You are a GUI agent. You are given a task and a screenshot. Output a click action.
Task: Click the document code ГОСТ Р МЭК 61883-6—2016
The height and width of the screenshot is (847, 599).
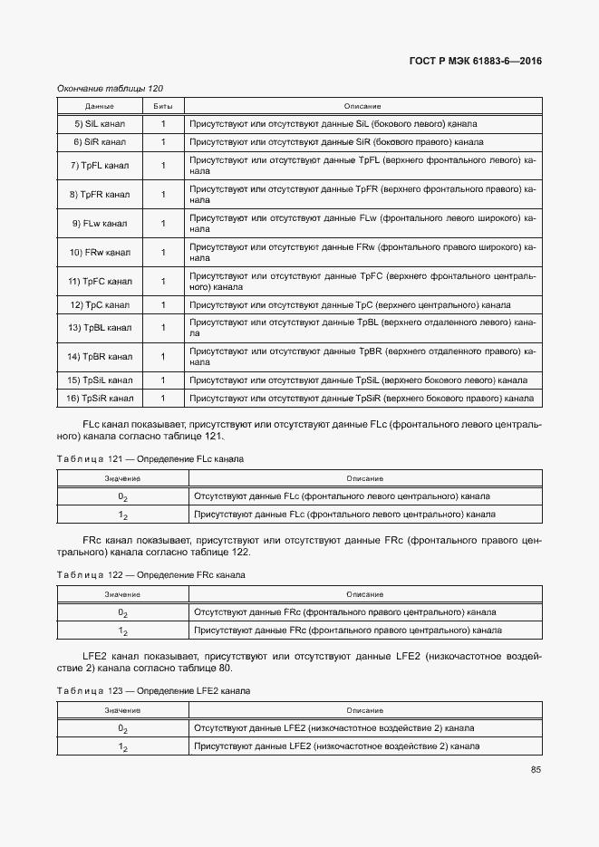[477, 63]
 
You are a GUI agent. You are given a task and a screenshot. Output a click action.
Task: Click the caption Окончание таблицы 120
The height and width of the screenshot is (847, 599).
[110, 88]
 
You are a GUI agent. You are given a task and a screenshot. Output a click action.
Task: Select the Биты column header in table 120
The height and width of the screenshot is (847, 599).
[163, 106]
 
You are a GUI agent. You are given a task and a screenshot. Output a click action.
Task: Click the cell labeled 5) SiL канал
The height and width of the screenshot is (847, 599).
[100, 123]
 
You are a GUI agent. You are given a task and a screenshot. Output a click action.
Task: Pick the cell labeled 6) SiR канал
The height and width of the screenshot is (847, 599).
[100, 142]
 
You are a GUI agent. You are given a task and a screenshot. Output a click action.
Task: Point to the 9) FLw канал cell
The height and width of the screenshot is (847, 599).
[100, 223]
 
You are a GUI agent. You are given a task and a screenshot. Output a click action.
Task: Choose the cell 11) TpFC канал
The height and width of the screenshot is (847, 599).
[100, 281]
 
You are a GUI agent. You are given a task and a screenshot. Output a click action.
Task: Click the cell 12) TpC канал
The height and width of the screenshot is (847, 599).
[100, 304]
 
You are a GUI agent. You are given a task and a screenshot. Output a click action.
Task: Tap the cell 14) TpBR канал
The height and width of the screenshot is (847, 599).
[100, 356]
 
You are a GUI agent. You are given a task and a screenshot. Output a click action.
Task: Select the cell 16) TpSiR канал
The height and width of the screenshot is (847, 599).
[100, 398]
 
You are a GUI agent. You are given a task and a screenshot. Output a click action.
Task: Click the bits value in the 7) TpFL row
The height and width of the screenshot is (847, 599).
[163, 165]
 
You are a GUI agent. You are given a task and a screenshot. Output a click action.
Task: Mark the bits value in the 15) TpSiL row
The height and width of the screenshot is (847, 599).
[163, 380]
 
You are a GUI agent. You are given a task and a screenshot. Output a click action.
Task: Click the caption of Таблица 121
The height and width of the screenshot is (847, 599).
[150, 459]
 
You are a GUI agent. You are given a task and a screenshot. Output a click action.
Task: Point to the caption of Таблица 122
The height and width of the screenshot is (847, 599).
[150, 575]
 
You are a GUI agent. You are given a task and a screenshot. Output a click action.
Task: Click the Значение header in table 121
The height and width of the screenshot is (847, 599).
[122, 478]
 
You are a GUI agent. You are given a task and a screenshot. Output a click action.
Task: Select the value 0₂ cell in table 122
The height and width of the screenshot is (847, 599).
[122, 612]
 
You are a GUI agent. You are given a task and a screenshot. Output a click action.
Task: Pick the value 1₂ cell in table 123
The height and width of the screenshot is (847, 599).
[122, 746]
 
